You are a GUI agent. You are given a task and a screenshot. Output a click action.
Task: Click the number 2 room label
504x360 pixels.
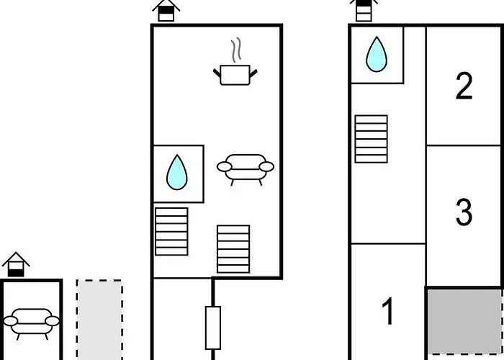464,86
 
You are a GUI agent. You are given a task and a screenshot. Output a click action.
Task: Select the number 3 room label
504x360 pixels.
464,212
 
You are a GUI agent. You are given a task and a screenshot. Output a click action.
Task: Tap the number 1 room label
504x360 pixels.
388,311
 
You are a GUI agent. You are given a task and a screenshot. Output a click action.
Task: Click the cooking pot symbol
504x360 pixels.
235,75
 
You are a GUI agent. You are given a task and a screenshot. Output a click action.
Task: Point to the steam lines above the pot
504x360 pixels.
236,50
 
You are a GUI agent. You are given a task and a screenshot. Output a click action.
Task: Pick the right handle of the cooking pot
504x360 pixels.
253,73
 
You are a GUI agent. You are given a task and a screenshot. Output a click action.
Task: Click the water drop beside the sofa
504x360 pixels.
177,172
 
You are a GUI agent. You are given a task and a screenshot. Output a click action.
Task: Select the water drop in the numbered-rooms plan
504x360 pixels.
377,54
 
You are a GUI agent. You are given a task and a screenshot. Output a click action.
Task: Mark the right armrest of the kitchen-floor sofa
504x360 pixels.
266,167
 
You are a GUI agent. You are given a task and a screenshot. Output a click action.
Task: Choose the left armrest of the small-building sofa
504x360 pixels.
11,321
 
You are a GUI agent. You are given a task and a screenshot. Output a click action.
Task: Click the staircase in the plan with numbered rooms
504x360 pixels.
372,139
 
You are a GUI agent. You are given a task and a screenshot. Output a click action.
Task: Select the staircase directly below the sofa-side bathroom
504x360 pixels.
171,231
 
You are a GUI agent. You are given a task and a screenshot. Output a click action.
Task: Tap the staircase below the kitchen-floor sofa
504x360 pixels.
233,249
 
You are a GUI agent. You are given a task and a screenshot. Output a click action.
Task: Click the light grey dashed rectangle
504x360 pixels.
99,320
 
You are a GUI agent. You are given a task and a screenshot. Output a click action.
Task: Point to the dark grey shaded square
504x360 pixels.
465,321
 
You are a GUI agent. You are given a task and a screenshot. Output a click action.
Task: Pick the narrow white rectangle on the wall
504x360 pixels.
213,328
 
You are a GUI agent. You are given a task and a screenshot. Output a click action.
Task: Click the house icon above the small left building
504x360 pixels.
16,264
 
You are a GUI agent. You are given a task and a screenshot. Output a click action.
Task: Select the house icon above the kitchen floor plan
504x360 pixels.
166,10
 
